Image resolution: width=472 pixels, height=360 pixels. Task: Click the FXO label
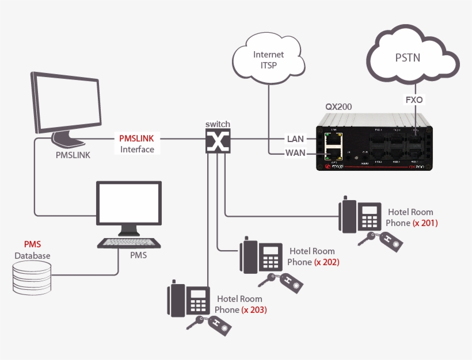[x=414, y=99]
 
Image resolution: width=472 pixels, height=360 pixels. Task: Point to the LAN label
[x=295, y=139]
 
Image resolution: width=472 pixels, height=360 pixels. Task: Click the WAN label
[x=295, y=153]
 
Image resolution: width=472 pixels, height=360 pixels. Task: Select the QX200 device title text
[x=340, y=107]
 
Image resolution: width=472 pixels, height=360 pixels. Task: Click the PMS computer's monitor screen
[x=128, y=205]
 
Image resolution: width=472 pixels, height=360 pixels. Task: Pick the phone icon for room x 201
[x=360, y=215]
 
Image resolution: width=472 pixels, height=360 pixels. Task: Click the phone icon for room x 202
[x=261, y=255]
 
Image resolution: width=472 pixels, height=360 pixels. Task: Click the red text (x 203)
[x=254, y=309]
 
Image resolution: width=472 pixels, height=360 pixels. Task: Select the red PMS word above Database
[x=32, y=244]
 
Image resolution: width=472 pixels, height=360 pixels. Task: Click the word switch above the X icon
[x=218, y=124]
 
